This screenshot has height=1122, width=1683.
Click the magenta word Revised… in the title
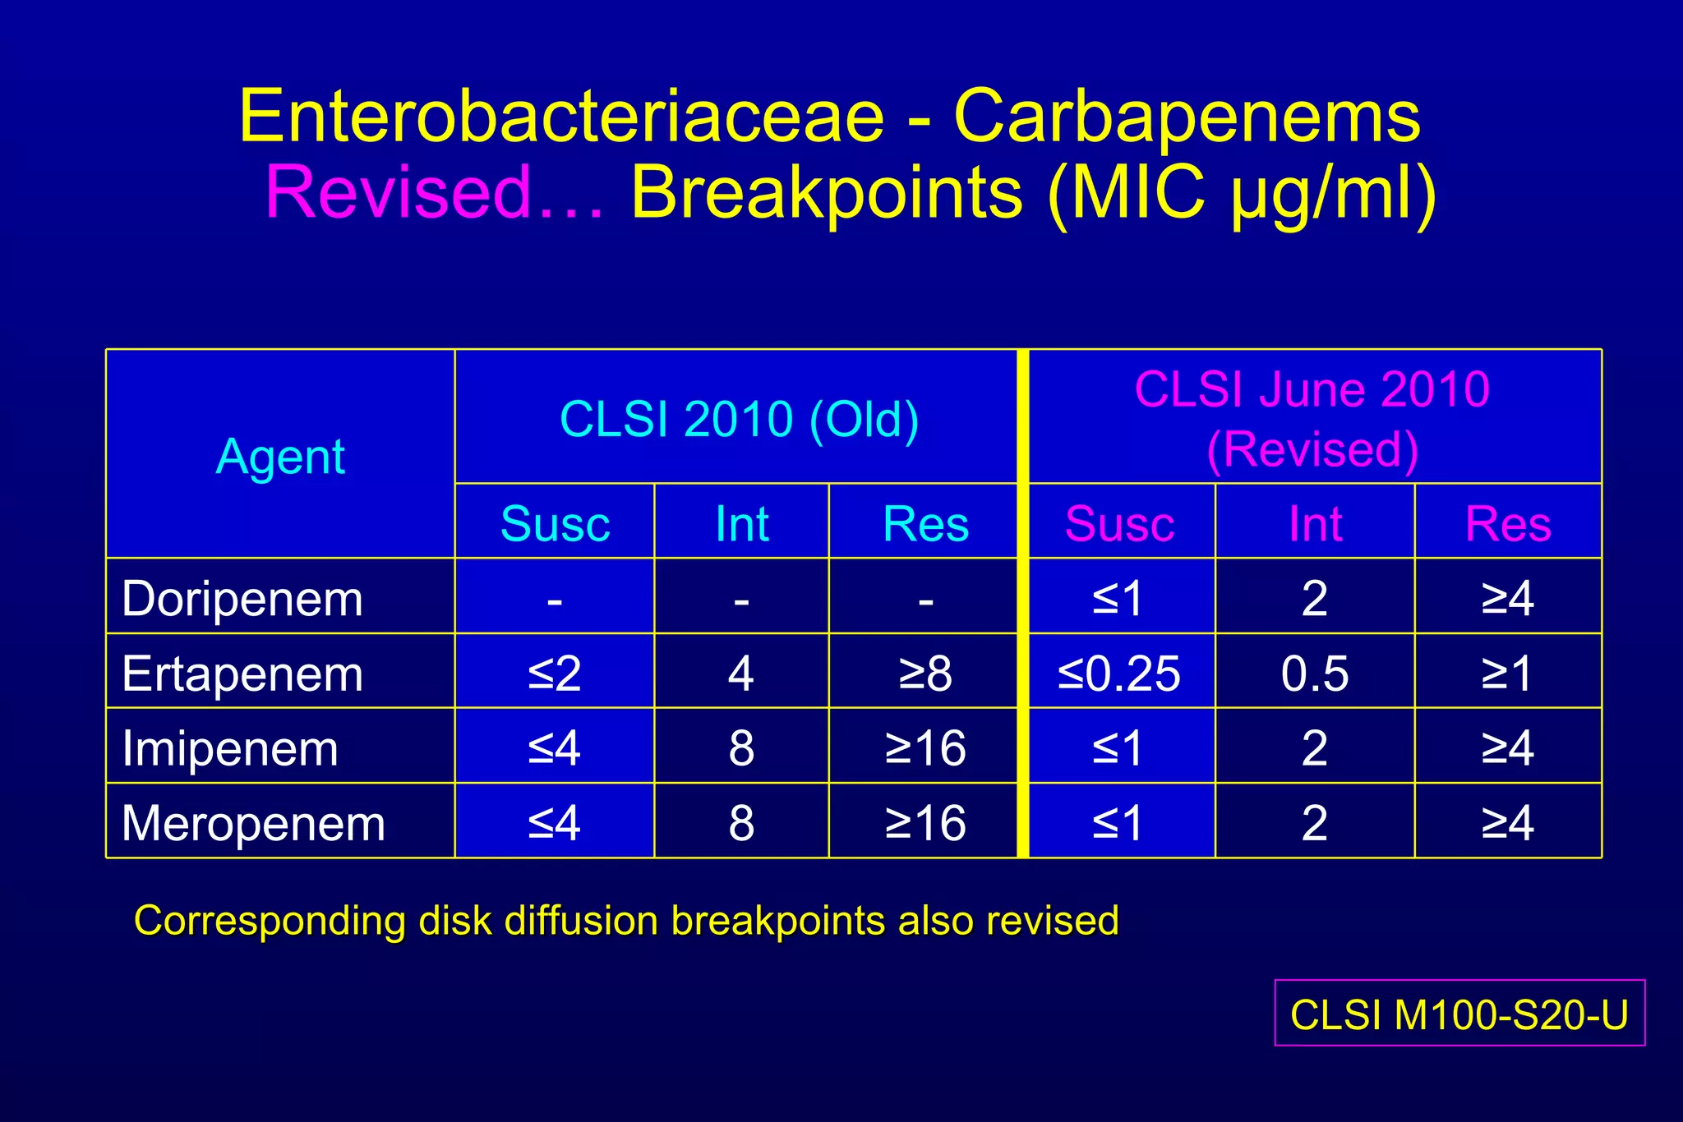[x=434, y=194]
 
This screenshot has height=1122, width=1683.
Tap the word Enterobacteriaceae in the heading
[x=562, y=117]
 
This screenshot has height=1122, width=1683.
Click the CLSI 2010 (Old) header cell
[x=738, y=419]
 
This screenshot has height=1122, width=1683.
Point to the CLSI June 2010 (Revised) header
[x=1312, y=419]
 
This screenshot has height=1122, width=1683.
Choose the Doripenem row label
[x=242, y=598]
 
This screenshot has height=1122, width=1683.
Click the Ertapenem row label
[x=242, y=674]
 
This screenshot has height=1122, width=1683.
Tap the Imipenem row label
[x=230, y=748]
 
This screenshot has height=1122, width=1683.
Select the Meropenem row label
[x=253, y=823]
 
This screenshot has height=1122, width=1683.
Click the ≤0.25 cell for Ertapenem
[x=1119, y=674]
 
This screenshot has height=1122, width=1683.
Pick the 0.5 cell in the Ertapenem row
[x=1314, y=674]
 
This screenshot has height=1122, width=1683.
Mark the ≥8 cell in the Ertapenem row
[x=925, y=674]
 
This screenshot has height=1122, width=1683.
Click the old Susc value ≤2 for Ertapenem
[x=555, y=674]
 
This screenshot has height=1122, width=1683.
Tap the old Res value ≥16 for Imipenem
[x=925, y=748]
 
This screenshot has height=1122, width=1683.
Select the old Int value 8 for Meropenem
[x=740, y=823]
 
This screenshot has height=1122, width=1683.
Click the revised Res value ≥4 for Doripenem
[x=1507, y=598]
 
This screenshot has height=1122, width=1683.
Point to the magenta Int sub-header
[x=1315, y=523]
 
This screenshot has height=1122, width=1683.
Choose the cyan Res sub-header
[x=925, y=523]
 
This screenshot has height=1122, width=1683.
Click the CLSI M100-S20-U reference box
[x=1459, y=1014]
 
